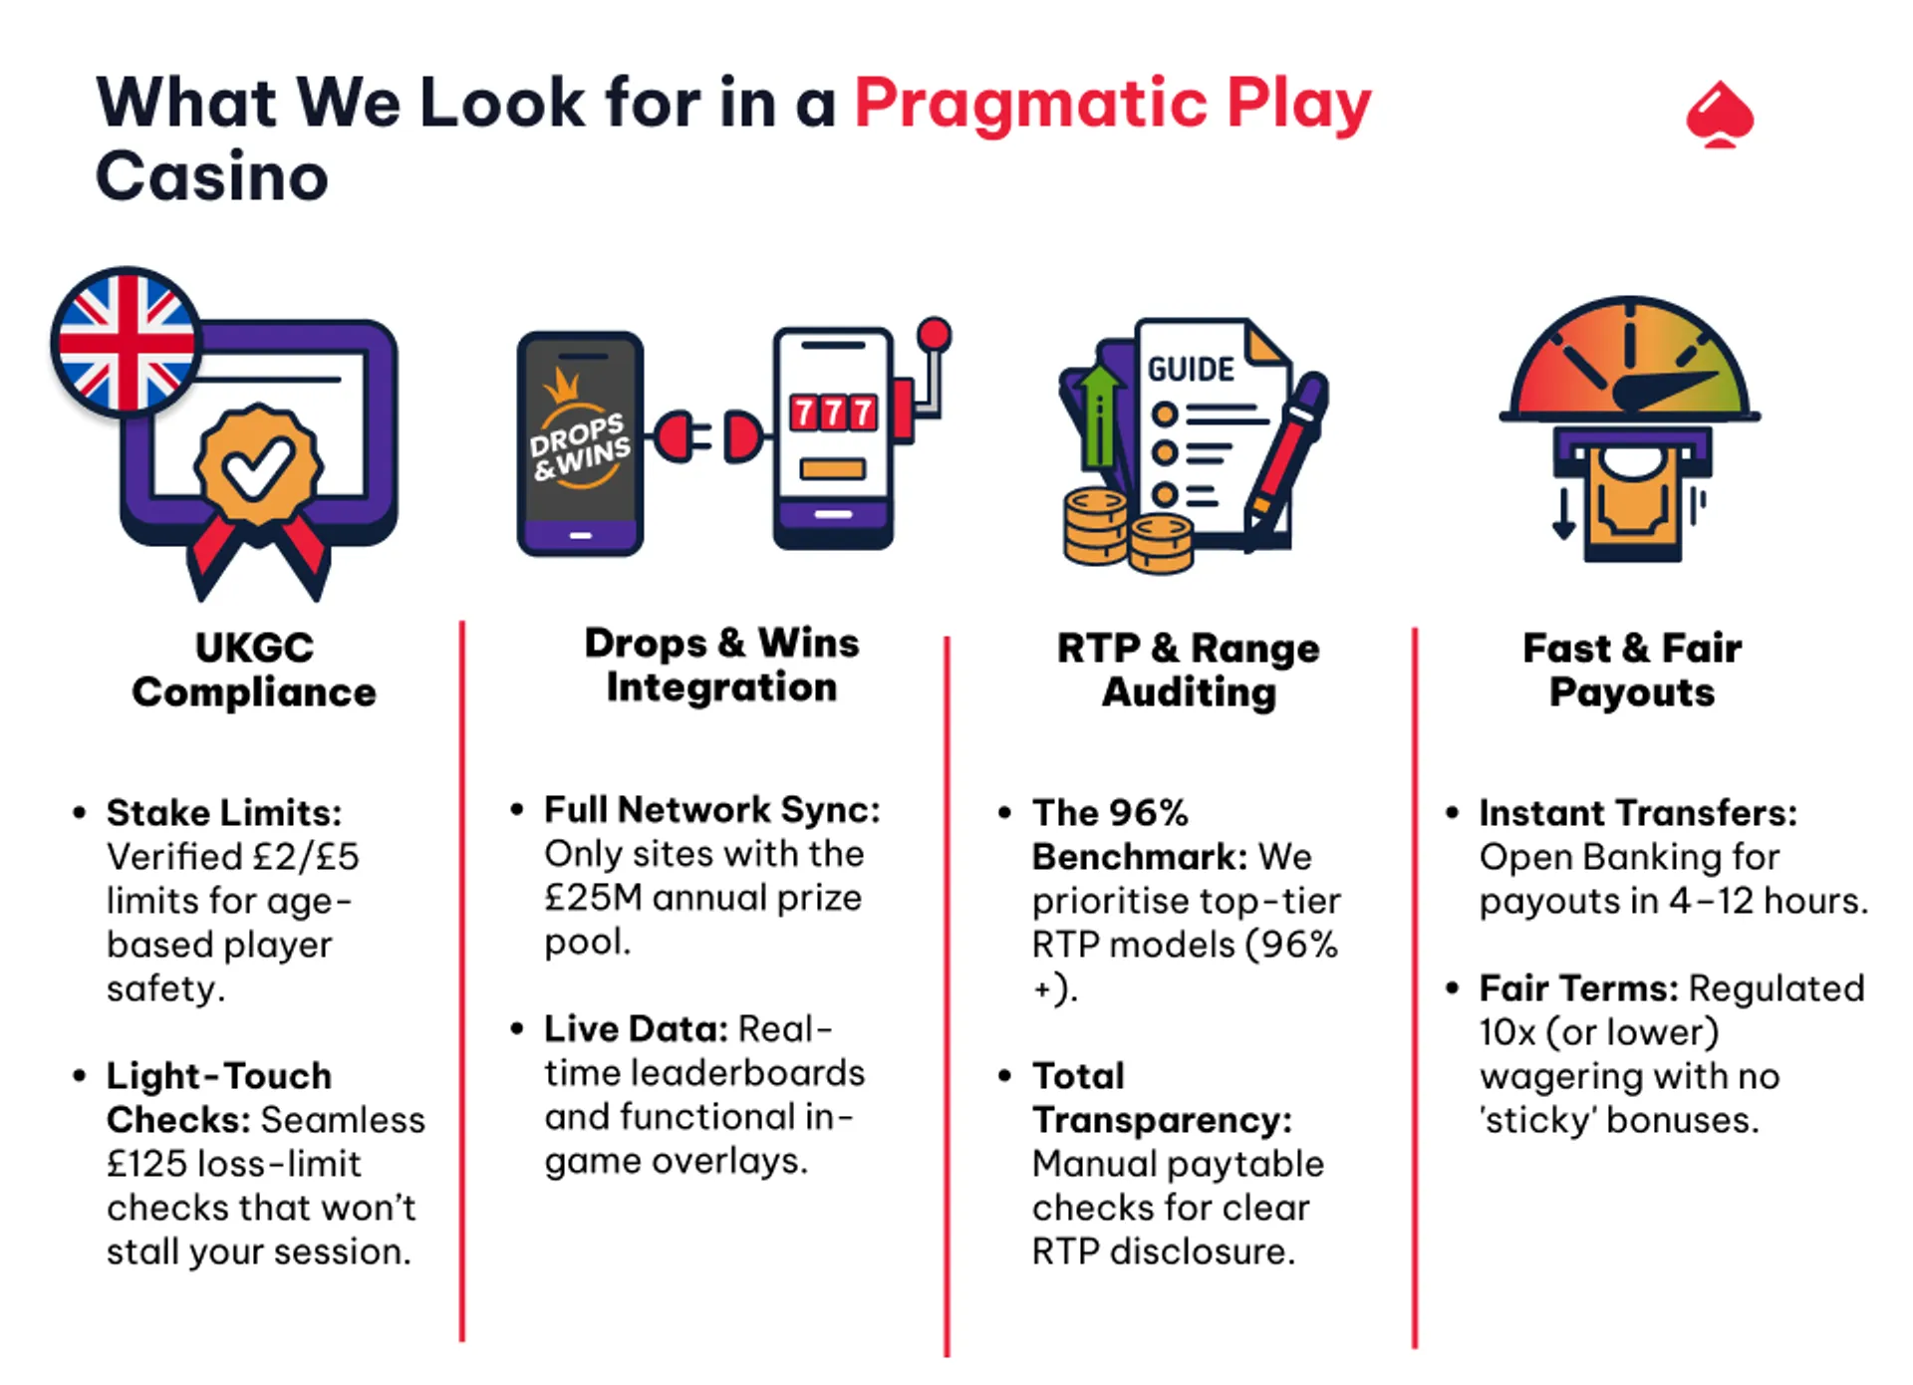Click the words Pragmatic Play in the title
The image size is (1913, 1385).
tap(1112, 104)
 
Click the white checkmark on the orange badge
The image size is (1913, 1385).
tap(258, 466)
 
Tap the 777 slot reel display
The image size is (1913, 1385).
tap(833, 412)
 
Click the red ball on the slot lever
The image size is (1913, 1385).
tap(934, 334)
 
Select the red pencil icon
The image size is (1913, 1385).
tap(1285, 459)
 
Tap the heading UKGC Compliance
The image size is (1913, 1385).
tap(254, 670)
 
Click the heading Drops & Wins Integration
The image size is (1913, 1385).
tap(721, 665)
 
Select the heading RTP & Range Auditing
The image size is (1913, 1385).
tap(1188, 670)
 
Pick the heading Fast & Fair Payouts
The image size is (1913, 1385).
tap(1632, 670)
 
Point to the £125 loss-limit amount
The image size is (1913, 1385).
tap(149, 1164)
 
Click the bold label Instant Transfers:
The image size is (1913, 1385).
tap(1637, 813)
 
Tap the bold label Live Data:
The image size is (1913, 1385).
tap(636, 1029)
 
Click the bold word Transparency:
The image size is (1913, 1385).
tap(1161, 1120)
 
